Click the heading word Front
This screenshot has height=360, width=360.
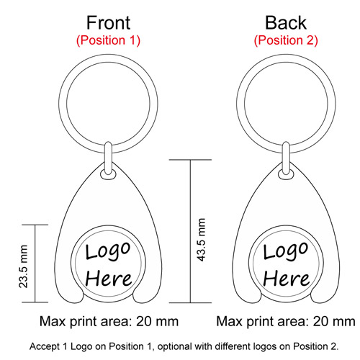tap(108, 23)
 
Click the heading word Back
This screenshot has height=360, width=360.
tap(286, 23)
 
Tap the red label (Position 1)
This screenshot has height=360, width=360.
tap(108, 40)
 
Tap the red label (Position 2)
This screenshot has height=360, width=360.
tap(286, 40)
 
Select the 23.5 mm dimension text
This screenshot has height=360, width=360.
tap(24, 266)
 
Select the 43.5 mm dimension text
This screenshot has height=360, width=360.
tap(201, 240)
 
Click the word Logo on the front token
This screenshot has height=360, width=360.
tap(108, 251)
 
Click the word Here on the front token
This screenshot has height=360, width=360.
tap(109, 279)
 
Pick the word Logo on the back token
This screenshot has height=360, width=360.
tap(285, 251)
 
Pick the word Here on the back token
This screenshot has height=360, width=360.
tap(286, 279)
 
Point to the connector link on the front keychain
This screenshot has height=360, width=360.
tap(109, 158)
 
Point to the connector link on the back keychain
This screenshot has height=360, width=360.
tap(286, 158)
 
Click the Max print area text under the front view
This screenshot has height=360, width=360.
tap(109, 322)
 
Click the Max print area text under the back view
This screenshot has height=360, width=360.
tap(286, 322)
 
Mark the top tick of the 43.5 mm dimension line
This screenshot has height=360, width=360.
tap(190, 160)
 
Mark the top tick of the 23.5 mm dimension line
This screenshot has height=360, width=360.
tap(35, 225)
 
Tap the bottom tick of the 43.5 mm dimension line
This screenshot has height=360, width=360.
tap(190, 302)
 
